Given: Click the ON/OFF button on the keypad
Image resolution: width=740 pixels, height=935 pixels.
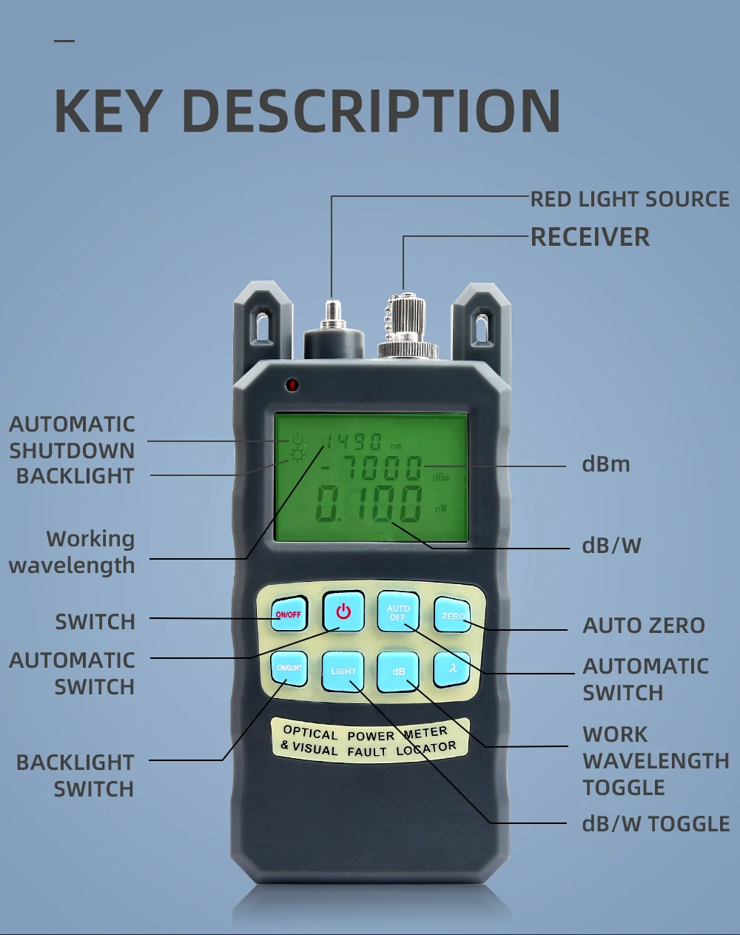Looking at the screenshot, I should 289,614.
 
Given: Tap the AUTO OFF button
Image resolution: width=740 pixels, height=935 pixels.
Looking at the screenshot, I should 398,612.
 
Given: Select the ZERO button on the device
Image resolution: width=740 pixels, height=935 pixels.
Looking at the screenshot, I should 453,615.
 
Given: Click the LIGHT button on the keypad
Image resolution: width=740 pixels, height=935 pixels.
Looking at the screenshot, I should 343,671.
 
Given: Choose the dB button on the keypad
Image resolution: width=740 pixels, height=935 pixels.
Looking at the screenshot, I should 399,671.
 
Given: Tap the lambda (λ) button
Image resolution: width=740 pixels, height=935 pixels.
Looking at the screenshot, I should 453,668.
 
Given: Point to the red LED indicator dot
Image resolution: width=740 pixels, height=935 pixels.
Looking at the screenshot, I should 292,385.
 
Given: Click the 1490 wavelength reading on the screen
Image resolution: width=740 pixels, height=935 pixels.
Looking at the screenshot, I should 354,443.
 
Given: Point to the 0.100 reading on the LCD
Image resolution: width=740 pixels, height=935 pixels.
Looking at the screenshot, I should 369,506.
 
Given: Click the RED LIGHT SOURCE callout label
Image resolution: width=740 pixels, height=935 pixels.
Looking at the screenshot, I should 630,199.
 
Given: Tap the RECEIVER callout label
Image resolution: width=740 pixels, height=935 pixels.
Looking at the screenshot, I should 590,237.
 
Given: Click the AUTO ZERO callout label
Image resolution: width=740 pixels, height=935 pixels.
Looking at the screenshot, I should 643,626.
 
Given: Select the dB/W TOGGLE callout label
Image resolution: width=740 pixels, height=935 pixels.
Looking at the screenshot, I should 656,824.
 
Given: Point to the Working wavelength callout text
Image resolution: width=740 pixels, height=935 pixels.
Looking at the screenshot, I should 73,552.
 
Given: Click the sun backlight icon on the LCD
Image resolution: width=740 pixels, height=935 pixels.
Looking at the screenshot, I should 298,455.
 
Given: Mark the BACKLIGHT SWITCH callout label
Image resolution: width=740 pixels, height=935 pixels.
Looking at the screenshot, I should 75,775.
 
